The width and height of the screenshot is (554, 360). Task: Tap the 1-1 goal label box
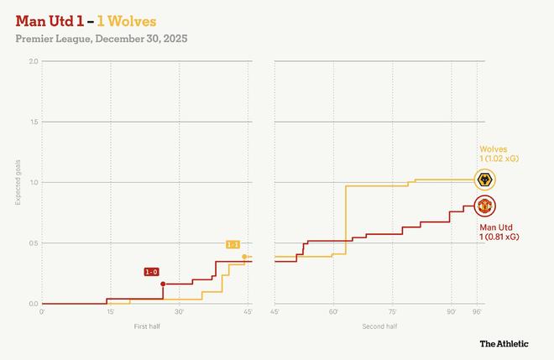tap(233, 244)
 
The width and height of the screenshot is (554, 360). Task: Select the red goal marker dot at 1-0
tap(163, 284)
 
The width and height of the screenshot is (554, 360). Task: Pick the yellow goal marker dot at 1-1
tap(244, 256)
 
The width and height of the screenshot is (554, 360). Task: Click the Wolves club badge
tap(484, 180)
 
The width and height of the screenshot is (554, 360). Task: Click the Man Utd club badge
tap(484, 206)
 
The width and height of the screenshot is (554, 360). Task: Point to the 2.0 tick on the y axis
tap(34, 62)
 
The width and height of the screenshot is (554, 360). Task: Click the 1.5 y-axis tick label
tap(34, 123)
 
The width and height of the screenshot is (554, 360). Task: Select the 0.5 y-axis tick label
tap(34, 243)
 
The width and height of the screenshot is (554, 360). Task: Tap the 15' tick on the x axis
tap(111, 312)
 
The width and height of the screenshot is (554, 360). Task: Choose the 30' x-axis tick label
tap(179, 312)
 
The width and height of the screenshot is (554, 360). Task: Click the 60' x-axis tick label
tap(333, 312)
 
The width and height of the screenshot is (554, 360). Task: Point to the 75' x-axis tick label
tap(392, 312)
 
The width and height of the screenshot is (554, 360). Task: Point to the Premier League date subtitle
tap(101, 39)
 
